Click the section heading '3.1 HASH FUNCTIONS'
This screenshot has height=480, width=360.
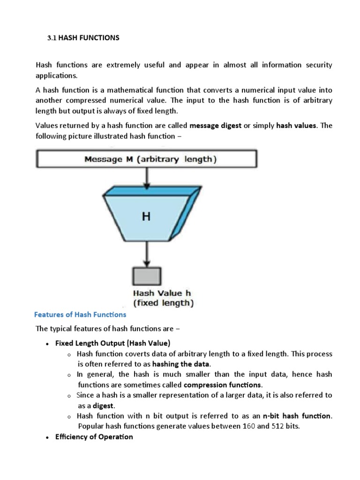click(83, 37)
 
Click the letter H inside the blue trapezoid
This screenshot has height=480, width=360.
click(146, 217)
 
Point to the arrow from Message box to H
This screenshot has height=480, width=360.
click(148, 177)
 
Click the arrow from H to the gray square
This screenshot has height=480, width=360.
click(148, 253)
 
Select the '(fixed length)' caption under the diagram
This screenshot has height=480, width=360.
click(163, 303)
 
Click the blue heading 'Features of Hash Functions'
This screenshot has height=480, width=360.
click(81, 315)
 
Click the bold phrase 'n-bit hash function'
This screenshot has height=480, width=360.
click(297, 416)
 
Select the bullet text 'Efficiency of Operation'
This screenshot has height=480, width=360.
click(94, 437)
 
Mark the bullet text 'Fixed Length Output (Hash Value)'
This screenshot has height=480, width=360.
click(112, 343)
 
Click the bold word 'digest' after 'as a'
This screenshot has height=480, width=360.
click(103, 405)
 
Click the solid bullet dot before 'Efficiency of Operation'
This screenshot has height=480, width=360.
click(47, 437)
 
